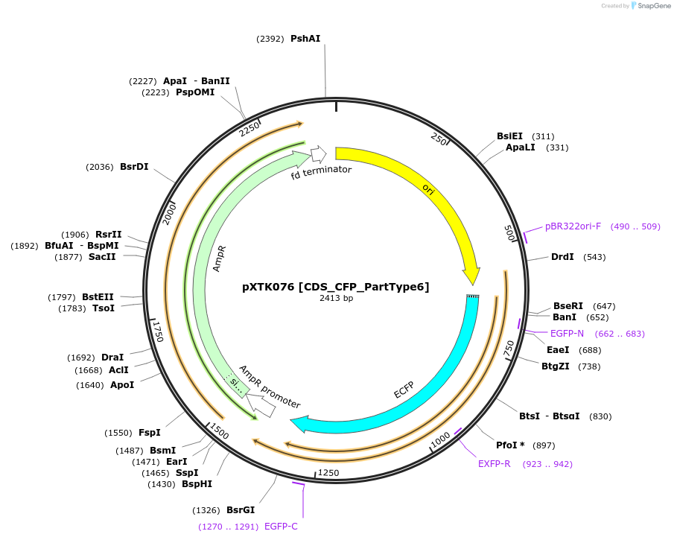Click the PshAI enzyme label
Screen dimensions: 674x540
pos(305,39)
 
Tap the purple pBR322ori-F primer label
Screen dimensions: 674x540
pos(573,226)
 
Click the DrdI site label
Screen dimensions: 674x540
pos(562,257)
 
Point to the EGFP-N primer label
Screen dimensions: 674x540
pos(567,333)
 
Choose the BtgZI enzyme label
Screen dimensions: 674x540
pos(555,366)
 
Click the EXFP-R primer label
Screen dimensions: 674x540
pos(494,463)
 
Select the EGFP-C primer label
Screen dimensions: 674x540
pos(281,527)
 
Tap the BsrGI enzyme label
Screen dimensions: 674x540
pos(241,510)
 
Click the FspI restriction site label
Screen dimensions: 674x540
pos(150,432)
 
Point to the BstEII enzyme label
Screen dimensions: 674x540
pos(98,297)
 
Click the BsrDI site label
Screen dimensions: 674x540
pos(134,167)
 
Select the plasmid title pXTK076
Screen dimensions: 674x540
pos(335,286)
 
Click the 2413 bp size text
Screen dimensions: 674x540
pos(336,298)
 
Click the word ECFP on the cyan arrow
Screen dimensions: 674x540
pos(404,389)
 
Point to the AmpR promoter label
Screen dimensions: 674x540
pos(270,387)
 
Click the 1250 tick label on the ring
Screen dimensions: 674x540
pos(328,473)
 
